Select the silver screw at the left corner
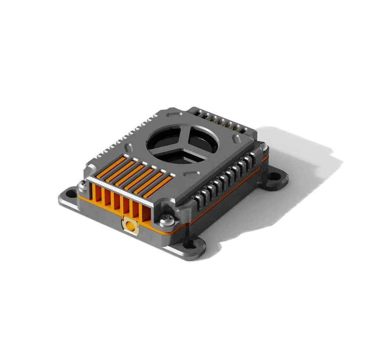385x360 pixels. [83, 187]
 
